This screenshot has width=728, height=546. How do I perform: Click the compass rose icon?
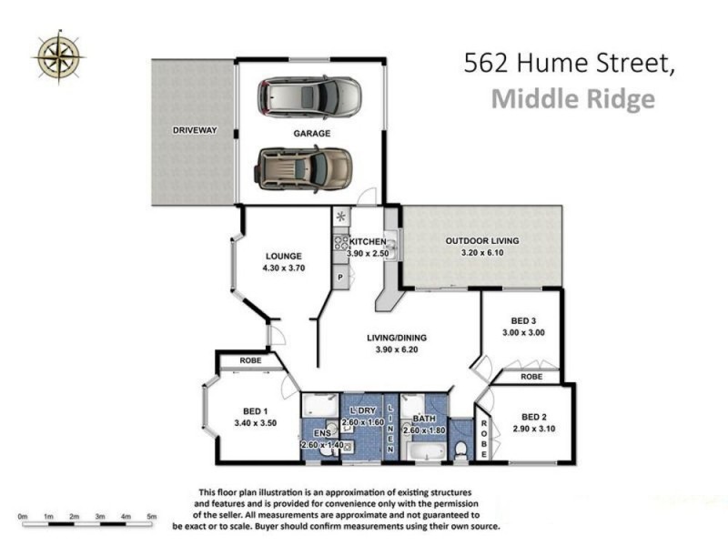point(57,56)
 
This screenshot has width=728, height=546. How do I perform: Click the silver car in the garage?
point(308,96)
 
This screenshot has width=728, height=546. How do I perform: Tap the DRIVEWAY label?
point(195,130)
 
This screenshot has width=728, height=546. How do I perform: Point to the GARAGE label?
point(310,133)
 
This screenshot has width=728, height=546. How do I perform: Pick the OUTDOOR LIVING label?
point(481,241)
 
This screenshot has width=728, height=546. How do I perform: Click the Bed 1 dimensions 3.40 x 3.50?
point(255,422)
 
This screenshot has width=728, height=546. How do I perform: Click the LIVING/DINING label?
point(397,338)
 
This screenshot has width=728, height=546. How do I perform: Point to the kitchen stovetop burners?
point(341,242)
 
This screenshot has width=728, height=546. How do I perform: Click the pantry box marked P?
point(340,276)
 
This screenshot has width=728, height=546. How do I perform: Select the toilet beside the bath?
point(462,449)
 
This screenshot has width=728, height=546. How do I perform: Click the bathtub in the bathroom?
point(424,452)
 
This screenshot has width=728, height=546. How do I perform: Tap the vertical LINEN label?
point(389,429)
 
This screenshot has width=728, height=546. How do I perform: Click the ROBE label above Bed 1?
point(251,361)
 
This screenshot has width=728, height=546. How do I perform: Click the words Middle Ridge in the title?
point(572,98)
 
